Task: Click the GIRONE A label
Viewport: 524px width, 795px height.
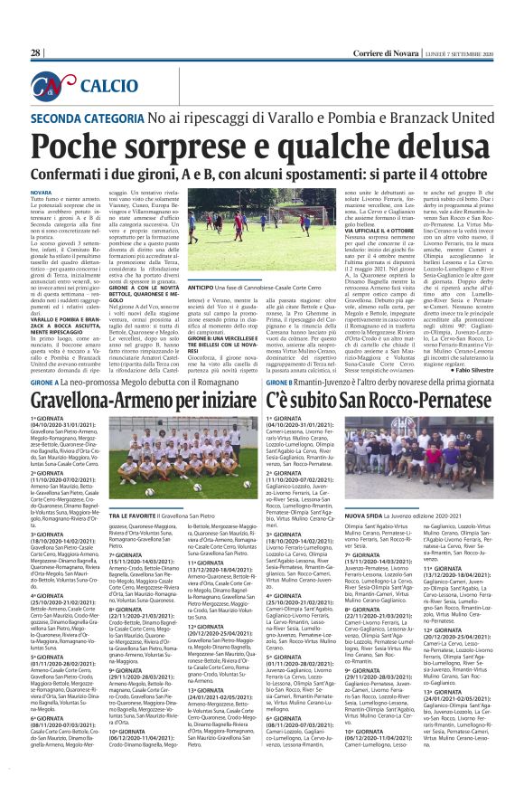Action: pos(47,383)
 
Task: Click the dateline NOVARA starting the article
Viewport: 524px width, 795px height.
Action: pos(41,194)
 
